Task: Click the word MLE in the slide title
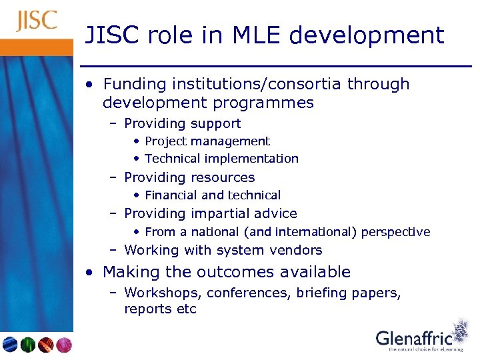click(256, 35)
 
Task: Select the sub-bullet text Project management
click(207, 141)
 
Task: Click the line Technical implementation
click(221, 159)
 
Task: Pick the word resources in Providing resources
click(222, 177)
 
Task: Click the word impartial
click(217, 213)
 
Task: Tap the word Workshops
click(163, 293)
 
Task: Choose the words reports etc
click(160, 309)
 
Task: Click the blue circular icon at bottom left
click(10, 345)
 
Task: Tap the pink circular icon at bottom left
click(63, 345)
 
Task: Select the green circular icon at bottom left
click(28, 345)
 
